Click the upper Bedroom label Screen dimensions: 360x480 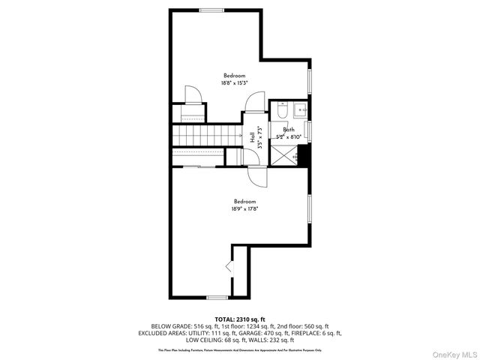[x=234, y=75]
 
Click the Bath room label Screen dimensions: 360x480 [x=289, y=130]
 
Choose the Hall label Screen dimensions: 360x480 [x=251, y=137]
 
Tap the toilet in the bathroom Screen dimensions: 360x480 [x=280, y=112]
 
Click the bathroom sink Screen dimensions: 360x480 [x=301, y=109]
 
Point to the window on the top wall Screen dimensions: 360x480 [x=211, y=10]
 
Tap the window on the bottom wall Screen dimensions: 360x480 [x=217, y=298]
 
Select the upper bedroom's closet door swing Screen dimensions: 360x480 [x=192, y=94]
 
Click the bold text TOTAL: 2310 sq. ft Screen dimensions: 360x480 [x=239, y=319]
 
